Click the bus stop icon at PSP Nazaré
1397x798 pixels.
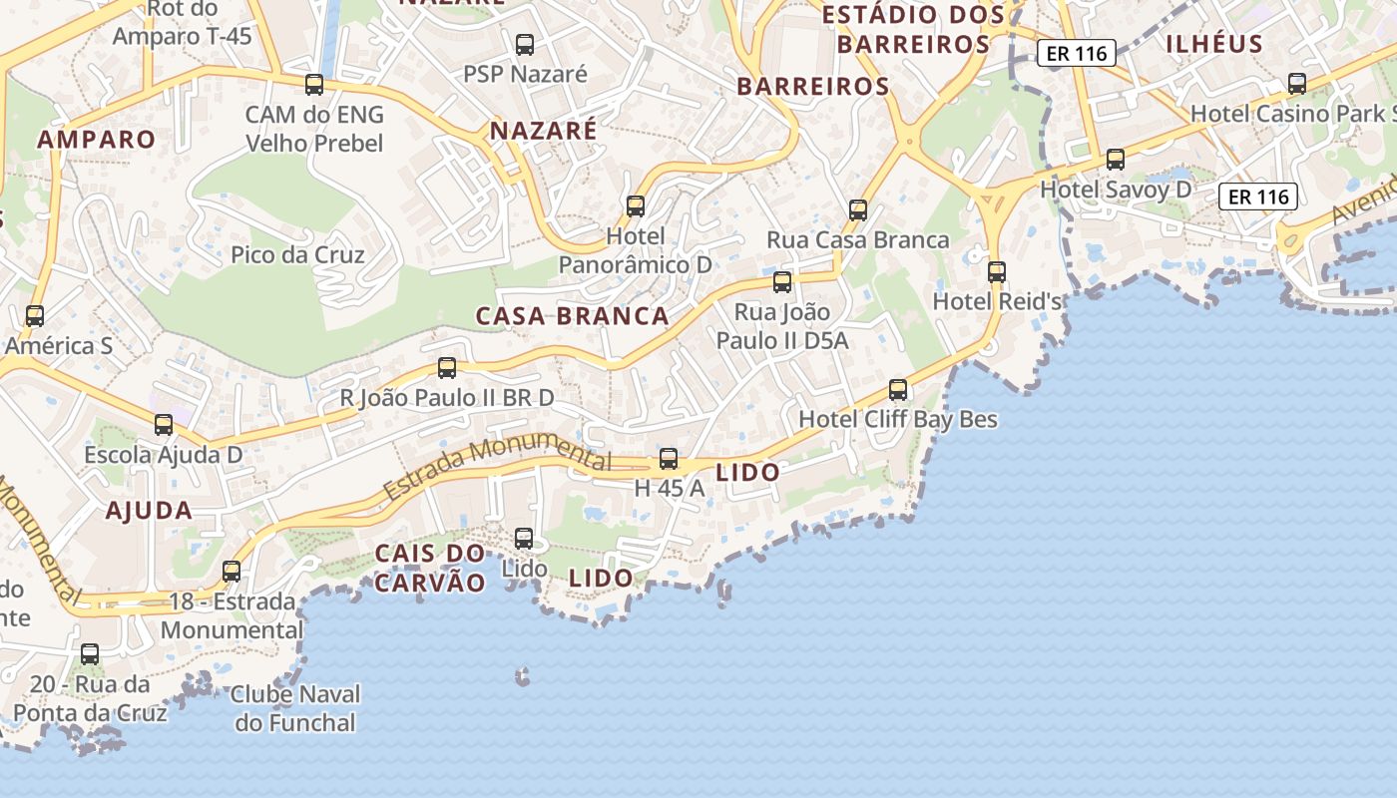524,45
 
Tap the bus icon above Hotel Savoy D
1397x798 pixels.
1116,160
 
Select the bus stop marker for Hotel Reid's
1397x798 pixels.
996,271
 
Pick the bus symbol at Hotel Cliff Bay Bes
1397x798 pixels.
898,390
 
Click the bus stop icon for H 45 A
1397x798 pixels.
669,459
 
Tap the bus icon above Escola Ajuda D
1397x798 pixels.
164,425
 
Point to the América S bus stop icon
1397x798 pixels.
35,316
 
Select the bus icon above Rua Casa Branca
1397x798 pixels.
858,210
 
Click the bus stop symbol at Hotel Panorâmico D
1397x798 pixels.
636,206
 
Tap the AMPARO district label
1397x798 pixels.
97,139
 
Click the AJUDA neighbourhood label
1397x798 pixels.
149,511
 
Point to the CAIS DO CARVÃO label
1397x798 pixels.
430,568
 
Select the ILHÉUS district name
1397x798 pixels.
1213,44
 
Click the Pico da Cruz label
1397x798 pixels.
297,254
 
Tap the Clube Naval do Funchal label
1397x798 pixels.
295,707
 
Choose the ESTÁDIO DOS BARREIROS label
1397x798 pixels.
913,30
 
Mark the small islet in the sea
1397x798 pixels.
521,678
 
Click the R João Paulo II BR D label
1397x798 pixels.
447,398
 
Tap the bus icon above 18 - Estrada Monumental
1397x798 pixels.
232,572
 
